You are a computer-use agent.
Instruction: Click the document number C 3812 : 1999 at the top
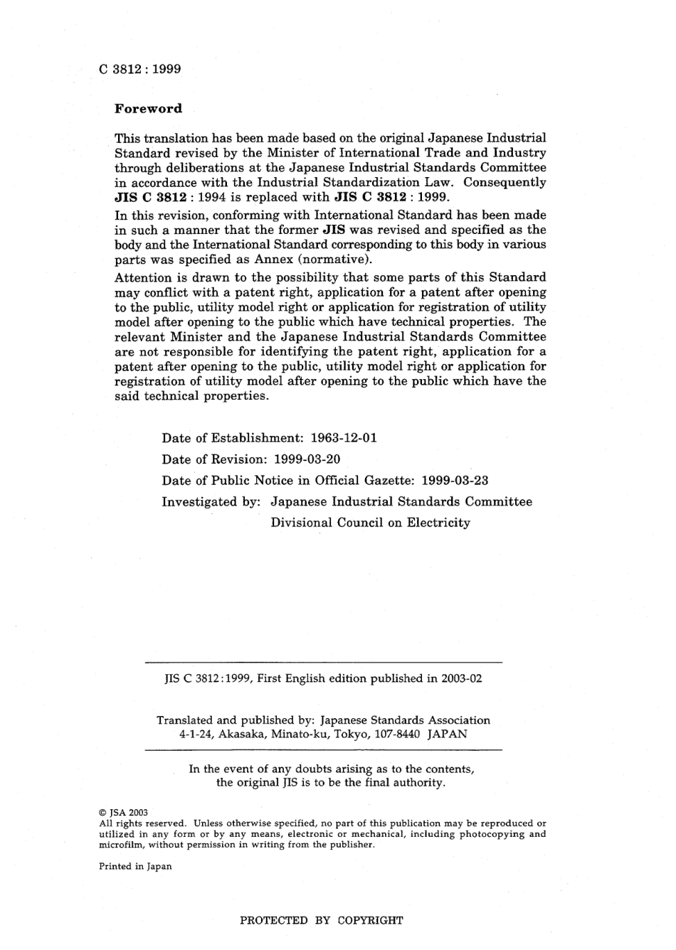(139, 69)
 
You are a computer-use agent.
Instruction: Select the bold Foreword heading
(148, 109)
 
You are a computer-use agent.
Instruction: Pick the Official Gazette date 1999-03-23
(455, 481)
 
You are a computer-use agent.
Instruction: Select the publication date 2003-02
(461, 678)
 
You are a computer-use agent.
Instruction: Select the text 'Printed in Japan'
(134, 866)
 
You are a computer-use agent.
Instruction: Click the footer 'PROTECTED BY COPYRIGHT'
(322, 920)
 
